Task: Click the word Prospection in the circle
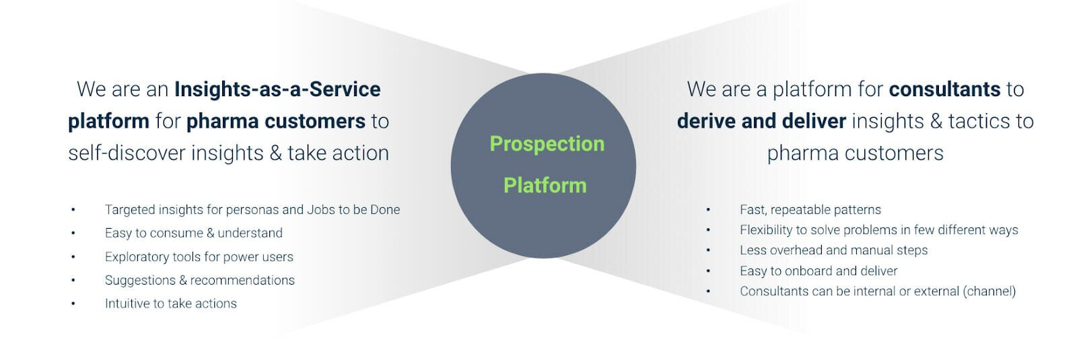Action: tap(547, 144)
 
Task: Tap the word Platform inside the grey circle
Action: tap(545, 186)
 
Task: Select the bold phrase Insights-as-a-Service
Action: tap(277, 89)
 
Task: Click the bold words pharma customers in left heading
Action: tap(276, 121)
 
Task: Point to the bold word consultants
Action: tap(945, 89)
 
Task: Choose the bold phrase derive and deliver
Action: tap(761, 121)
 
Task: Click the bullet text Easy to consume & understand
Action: tap(194, 233)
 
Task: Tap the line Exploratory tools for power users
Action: tap(199, 256)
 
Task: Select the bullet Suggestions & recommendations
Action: tap(199, 280)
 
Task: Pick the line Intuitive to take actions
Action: tap(171, 303)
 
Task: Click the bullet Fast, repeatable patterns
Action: tap(810, 210)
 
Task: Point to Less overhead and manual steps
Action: tap(834, 250)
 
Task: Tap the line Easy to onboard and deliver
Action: tap(819, 271)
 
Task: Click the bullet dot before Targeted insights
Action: tap(73, 209)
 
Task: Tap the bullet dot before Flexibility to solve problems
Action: tap(708, 230)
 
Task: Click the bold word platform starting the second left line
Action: tap(108, 122)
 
